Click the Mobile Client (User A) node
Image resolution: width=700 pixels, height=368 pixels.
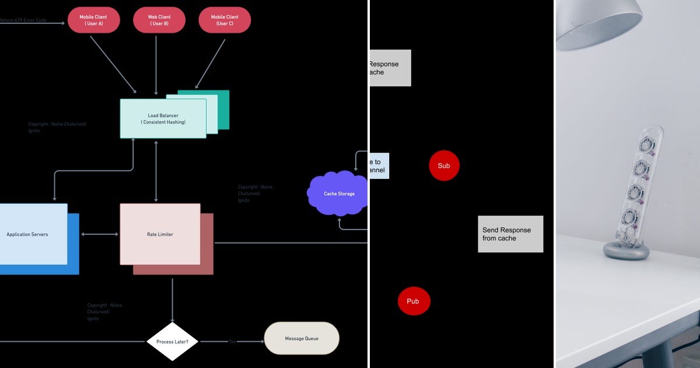pyautogui.click(x=93, y=20)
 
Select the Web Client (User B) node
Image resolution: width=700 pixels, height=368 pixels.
pyautogui.click(x=159, y=20)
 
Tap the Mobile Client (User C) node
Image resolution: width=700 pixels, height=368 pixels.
pyautogui.click(x=225, y=20)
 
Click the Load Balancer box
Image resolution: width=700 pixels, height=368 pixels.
pyautogui.click(x=163, y=119)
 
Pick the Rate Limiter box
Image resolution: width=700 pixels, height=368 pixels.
pyautogui.click(x=160, y=234)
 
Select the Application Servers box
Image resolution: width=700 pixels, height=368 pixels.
pyautogui.click(x=29, y=234)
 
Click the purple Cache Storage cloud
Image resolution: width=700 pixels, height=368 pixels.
pyautogui.click(x=338, y=193)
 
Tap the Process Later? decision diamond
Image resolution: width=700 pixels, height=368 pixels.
pyautogui.click(x=172, y=341)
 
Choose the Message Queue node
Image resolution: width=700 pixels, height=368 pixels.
pyautogui.click(x=301, y=338)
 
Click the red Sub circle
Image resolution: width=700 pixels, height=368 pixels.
pyautogui.click(x=444, y=165)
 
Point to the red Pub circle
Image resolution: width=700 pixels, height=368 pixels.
pyautogui.click(x=413, y=301)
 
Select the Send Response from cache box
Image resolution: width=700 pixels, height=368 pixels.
pyautogui.click(x=510, y=234)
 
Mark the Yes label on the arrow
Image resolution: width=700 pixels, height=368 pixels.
pyautogui.click(x=232, y=341)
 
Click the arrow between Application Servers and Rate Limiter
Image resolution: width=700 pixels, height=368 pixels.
pyautogui.click(x=99, y=234)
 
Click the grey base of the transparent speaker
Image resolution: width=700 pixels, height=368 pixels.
pyautogui.click(x=626, y=251)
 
